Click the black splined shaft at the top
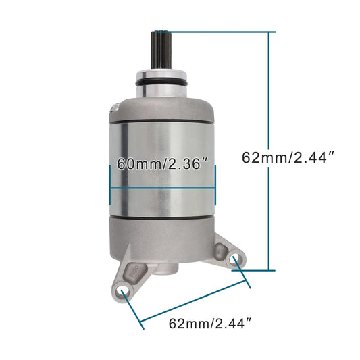tap(162, 47)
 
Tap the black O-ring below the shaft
tap(163, 82)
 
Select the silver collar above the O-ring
tap(163, 73)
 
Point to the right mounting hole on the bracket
tap(234, 259)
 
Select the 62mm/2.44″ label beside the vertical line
tap(288, 157)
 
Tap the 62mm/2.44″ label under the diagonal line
tap(213, 324)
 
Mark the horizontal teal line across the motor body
tap(162, 187)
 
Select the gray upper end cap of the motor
tap(163, 107)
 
